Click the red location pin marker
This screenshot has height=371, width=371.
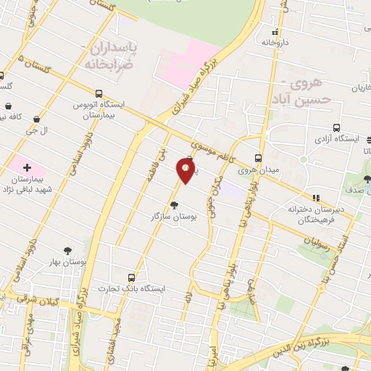tap(186, 170)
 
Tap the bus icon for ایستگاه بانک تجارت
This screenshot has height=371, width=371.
tap(131, 278)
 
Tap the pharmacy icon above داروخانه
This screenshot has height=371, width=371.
tap(274, 32)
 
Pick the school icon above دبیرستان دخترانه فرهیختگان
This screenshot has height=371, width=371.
tap(315, 197)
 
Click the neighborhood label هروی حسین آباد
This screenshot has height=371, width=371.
tap(299, 90)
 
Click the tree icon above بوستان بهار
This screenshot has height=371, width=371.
tap(67, 250)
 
